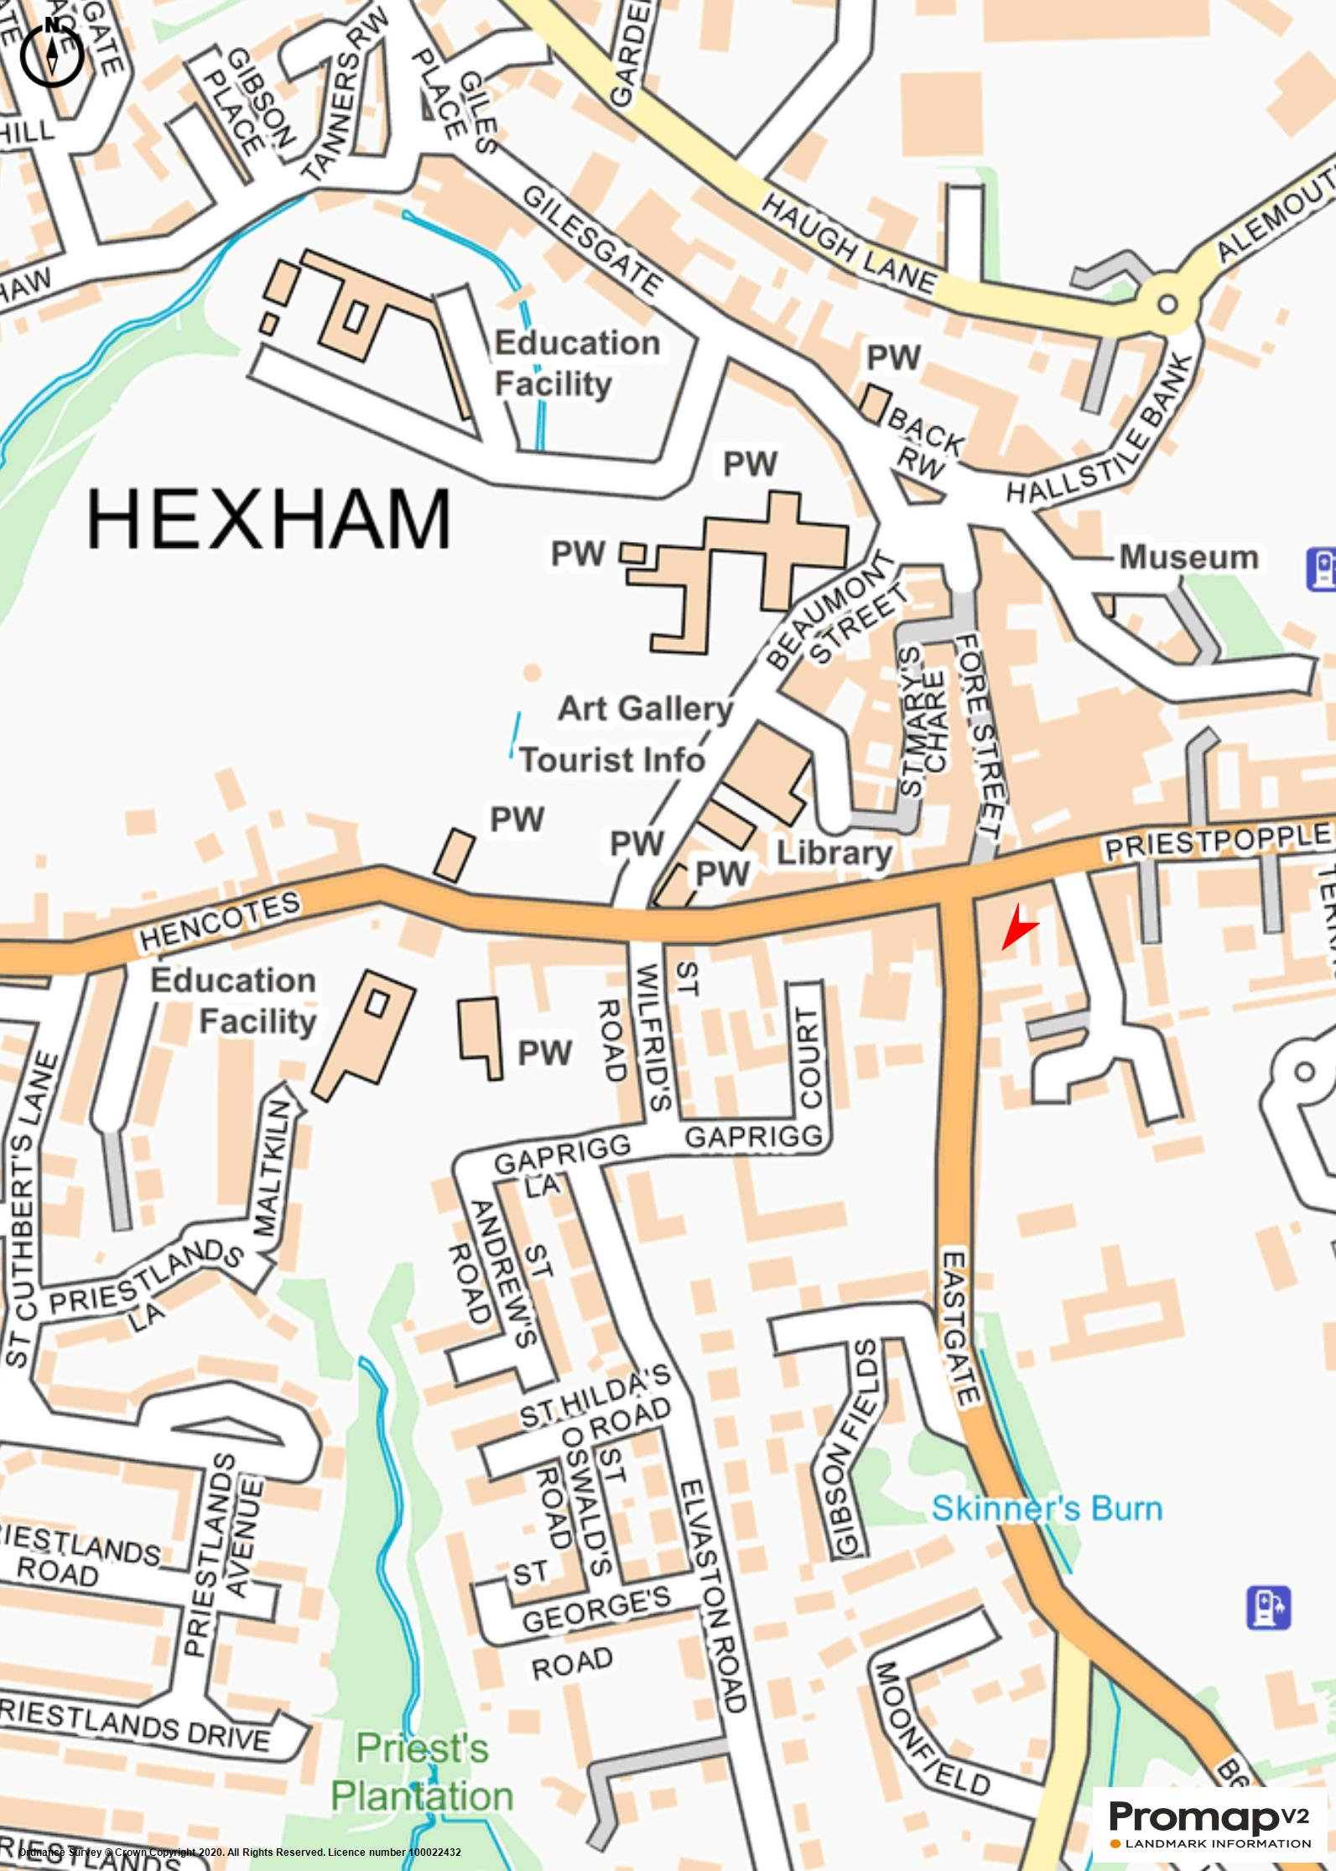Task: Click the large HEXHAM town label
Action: pos(268,519)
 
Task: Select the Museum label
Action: pos(1189,558)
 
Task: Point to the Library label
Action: pos(834,853)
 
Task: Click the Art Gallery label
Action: pos(645,709)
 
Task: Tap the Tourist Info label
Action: pos(612,760)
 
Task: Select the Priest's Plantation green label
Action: pos(422,1772)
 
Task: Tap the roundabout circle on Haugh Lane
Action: pos(1167,305)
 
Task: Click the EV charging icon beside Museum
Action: pos(1322,569)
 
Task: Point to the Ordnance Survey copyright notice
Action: pos(239,1852)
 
